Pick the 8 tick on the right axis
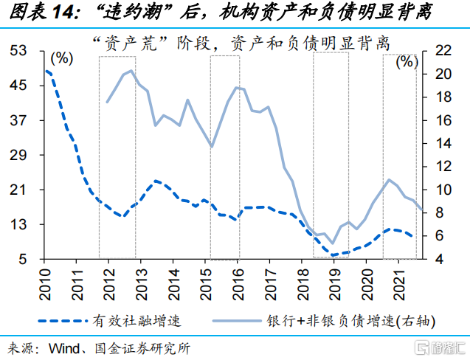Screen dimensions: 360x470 point(437,212)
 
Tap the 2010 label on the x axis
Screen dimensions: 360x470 point(44,279)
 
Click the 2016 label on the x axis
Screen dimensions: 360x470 point(238,279)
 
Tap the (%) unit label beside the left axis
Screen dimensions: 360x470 point(63,58)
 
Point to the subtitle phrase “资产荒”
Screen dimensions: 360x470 point(120,42)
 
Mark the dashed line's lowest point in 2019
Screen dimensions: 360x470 point(334,255)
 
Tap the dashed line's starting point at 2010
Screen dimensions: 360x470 point(46,71)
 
